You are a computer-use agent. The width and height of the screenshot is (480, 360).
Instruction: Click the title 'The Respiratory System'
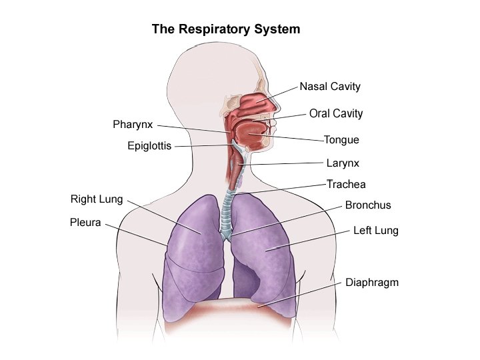226,29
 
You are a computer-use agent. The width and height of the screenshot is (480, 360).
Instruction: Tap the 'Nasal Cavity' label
330,87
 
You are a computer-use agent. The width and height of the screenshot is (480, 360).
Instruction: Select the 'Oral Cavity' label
336,113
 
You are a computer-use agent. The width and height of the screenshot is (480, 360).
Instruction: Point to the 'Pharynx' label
133,125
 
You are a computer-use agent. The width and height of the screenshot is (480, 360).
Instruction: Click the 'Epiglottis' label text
149,146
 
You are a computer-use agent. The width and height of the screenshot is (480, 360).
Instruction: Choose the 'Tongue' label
341,140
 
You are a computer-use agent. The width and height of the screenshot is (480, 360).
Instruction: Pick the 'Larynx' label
343,162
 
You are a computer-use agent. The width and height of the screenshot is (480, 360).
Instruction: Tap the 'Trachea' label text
346,184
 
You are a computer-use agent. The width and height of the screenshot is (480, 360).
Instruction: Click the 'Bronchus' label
368,205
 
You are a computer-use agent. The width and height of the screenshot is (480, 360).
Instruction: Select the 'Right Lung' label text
97,199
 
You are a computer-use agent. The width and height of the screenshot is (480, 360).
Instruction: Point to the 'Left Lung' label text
375,231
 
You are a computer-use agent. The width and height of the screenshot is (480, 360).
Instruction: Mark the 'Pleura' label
85,223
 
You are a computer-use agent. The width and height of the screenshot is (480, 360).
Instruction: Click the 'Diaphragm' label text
372,282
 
